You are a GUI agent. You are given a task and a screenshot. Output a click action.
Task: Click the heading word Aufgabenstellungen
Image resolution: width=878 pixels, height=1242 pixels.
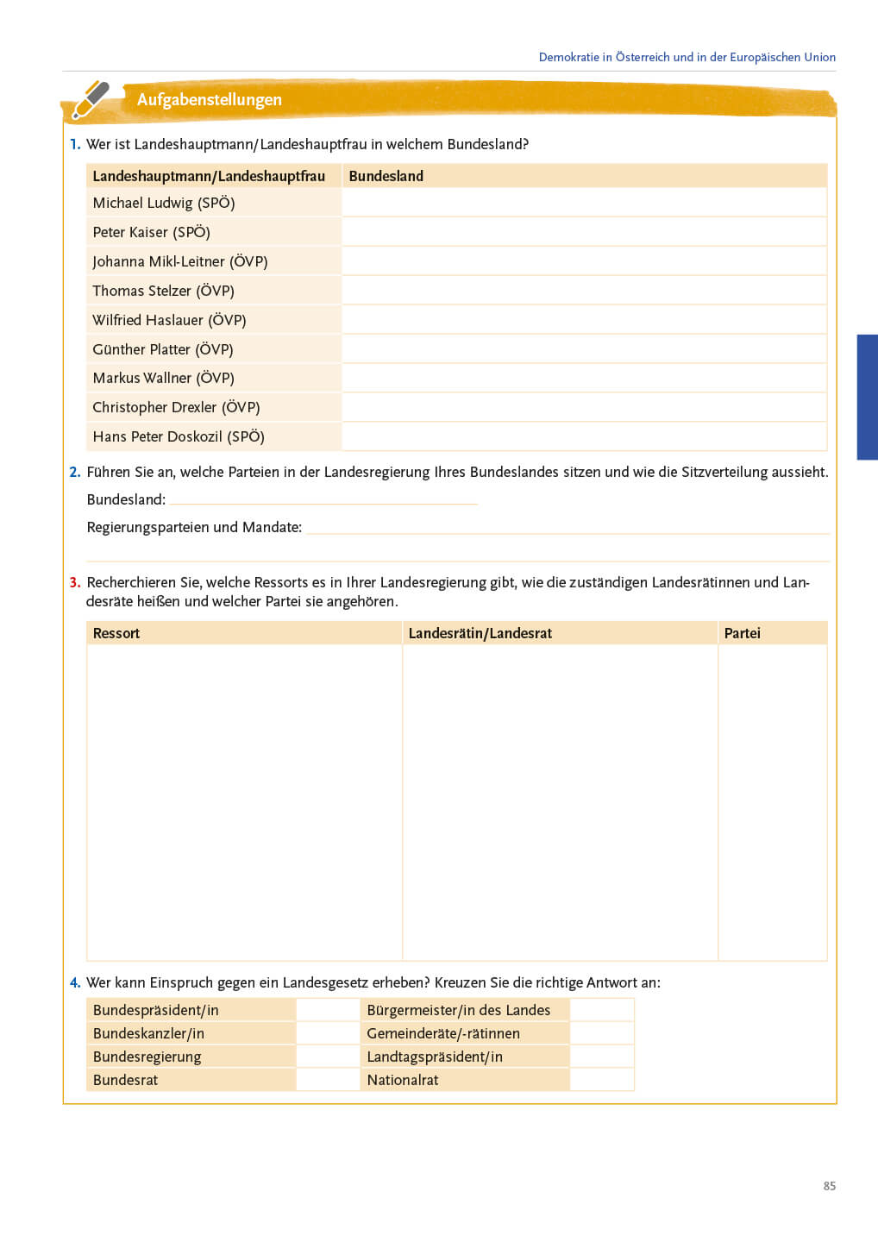tap(209, 99)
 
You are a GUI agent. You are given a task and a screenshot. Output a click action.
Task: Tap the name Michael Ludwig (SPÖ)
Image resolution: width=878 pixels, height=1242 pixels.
tap(164, 203)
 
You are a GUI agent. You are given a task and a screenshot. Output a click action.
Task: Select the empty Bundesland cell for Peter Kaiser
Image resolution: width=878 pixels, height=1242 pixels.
tap(584, 232)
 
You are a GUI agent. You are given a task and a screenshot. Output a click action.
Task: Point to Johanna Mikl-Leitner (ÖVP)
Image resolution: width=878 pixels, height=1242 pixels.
tap(180, 261)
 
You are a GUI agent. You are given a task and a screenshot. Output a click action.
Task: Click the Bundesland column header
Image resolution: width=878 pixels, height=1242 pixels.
tap(386, 176)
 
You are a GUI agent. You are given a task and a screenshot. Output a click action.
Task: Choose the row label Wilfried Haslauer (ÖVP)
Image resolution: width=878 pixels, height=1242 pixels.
tap(169, 320)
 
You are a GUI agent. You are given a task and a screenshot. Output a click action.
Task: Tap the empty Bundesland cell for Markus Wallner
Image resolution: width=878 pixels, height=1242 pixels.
tap(584, 378)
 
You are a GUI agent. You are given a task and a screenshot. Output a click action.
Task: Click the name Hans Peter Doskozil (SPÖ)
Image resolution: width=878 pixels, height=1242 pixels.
tap(179, 436)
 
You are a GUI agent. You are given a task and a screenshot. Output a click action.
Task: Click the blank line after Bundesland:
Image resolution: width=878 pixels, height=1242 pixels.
tap(323, 499)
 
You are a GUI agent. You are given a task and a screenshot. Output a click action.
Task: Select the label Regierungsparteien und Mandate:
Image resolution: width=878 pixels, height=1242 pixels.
tap(194, 527)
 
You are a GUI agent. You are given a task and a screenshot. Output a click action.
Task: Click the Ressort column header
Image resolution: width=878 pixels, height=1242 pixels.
tap(116, 633)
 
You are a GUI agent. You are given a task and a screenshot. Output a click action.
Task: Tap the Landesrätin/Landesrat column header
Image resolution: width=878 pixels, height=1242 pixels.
tap(480, 633)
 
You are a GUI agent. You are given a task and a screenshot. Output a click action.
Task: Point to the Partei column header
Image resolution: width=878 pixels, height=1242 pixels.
tap(742, 633)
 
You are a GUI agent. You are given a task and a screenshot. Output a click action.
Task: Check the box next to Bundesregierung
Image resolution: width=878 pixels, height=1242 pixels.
tap(328, 1057)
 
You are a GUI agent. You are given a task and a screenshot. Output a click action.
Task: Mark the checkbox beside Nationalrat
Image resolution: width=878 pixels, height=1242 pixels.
tap(602, 1080)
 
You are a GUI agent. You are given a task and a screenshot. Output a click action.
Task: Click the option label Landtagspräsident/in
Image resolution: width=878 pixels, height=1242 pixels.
tap(435, 1057)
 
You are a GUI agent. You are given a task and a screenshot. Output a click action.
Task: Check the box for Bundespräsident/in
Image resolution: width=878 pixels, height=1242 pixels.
tap(328, 1010)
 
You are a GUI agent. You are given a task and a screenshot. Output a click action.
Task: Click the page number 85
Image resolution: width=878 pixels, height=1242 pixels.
tap(830, 1186)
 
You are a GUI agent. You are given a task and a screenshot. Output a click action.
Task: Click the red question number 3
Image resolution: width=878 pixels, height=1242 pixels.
tap(75, 582)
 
